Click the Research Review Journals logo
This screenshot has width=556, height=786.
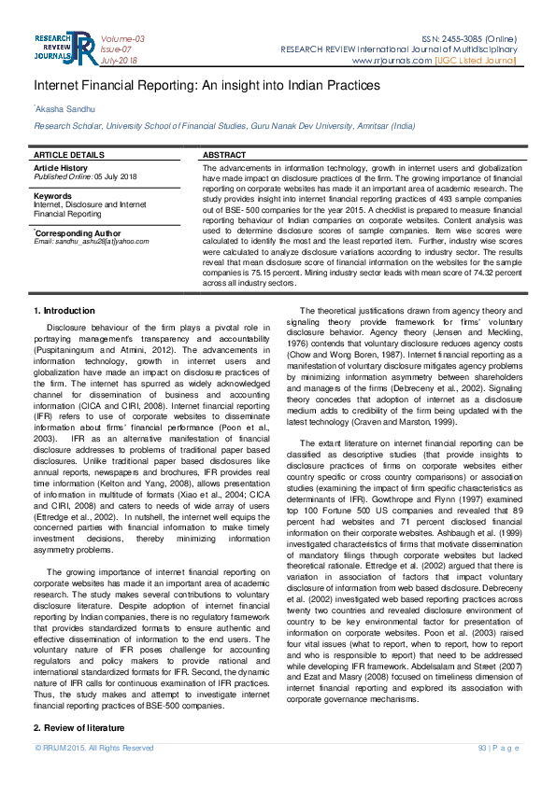pyautogui.click(x=64, y=48)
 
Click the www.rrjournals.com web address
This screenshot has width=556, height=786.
pyautogui.click(x=391, y=61)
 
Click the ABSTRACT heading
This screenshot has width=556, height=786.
pyautogui.click(x=224, y=154)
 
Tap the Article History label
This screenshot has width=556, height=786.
pyautogui.click(x=60, y=167)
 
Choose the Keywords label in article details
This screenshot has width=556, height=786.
pyautogui.click(x=52, y=196)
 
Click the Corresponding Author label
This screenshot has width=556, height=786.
pyautogui.click(x=78, y=232)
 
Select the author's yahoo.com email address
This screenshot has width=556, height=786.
pyautogui.click(x=102, y=242)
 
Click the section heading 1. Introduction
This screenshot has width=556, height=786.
pyautogui.click(x=64, y=310)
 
